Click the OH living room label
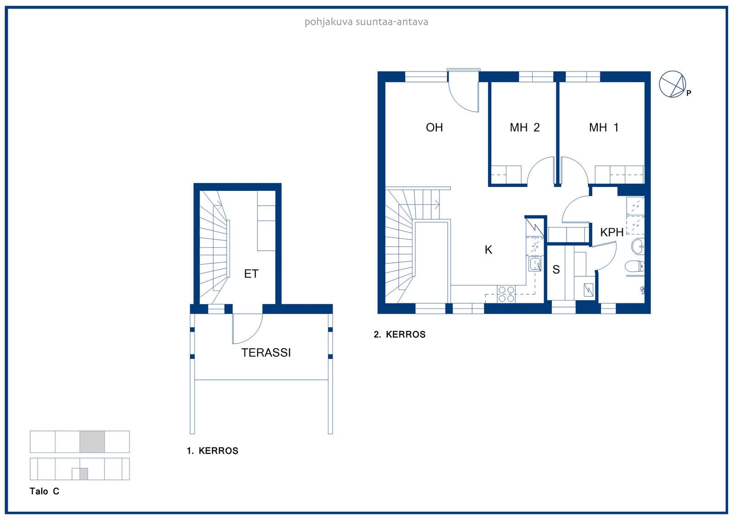pyautogui.click(x=434, y=128)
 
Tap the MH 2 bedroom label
pyautogui.click(x=525, y=128)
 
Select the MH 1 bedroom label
pyautogui.click(x=604, y=128)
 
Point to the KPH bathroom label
pyautogui.click(x=612, y=233)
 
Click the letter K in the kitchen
pyautogui.click(x=488, y=250)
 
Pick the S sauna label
pyautogui.click(x=556, y=269)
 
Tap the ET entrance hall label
pyautogui.click(x=251, y=274)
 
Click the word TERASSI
pyautogui.click(x=266, y=353)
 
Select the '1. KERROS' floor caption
pyautogui.click(x=212, y=451)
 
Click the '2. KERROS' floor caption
pyautogui.click(x=400, y=335)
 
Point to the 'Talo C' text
pyautogui.click(x=44, y=491)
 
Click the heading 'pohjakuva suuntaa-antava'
pyautogui.click(x=367, y=22)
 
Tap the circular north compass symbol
pyautogui.click(x=673, y=84)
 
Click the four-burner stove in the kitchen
pyautogui.click(x=506, y=294)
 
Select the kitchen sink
pyautogui.click(x=535, y=264)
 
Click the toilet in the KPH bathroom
pyautogui.click(x=635, y=266)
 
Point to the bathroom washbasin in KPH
pyautogui.click(x=638, y=246)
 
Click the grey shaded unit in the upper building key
pyautogui.click(x=92, y=441)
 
